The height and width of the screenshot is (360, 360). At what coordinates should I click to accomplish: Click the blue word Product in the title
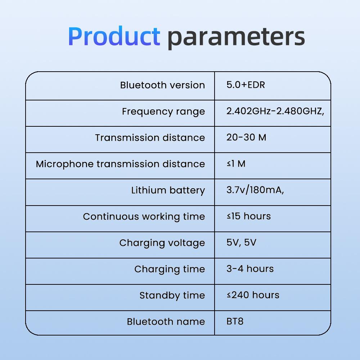tap(114, 36)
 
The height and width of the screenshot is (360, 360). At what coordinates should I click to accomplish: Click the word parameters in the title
tap(236, 37)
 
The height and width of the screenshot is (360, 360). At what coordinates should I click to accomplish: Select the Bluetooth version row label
tap(162, 85)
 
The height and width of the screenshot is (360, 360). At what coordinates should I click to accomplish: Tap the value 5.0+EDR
tap(246, 85)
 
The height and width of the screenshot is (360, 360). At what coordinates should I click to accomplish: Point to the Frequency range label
tap(163, 112)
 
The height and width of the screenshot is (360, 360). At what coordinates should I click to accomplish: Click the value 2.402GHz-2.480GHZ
tap(275, 111)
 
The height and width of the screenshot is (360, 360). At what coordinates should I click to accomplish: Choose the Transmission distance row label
tap(150, 138)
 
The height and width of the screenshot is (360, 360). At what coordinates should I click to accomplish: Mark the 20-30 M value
tap(246, 138)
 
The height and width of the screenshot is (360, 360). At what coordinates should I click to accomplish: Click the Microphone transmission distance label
tap(120, 164)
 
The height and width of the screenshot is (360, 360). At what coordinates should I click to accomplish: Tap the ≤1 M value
tap(236, 164)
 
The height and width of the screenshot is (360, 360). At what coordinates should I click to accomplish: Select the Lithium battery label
tap(168, 190)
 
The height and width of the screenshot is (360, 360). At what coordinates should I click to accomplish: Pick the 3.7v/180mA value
tap(255, 190)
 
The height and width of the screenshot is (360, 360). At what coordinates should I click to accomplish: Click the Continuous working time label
tap(144, 217)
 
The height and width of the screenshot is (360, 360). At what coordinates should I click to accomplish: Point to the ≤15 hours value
tap(248, 216)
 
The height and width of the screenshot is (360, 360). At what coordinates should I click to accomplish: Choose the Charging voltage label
tap(162, 243)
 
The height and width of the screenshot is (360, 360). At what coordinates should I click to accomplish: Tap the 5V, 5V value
tap(241, 243)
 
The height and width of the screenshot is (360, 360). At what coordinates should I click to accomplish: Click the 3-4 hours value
tap(250, 269)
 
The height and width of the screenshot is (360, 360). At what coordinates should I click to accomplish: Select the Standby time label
tap(172, 296)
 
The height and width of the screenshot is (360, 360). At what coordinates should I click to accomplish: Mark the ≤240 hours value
tap(253, 295)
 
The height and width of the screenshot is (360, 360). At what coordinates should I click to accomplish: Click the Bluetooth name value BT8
tap(235, 321)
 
